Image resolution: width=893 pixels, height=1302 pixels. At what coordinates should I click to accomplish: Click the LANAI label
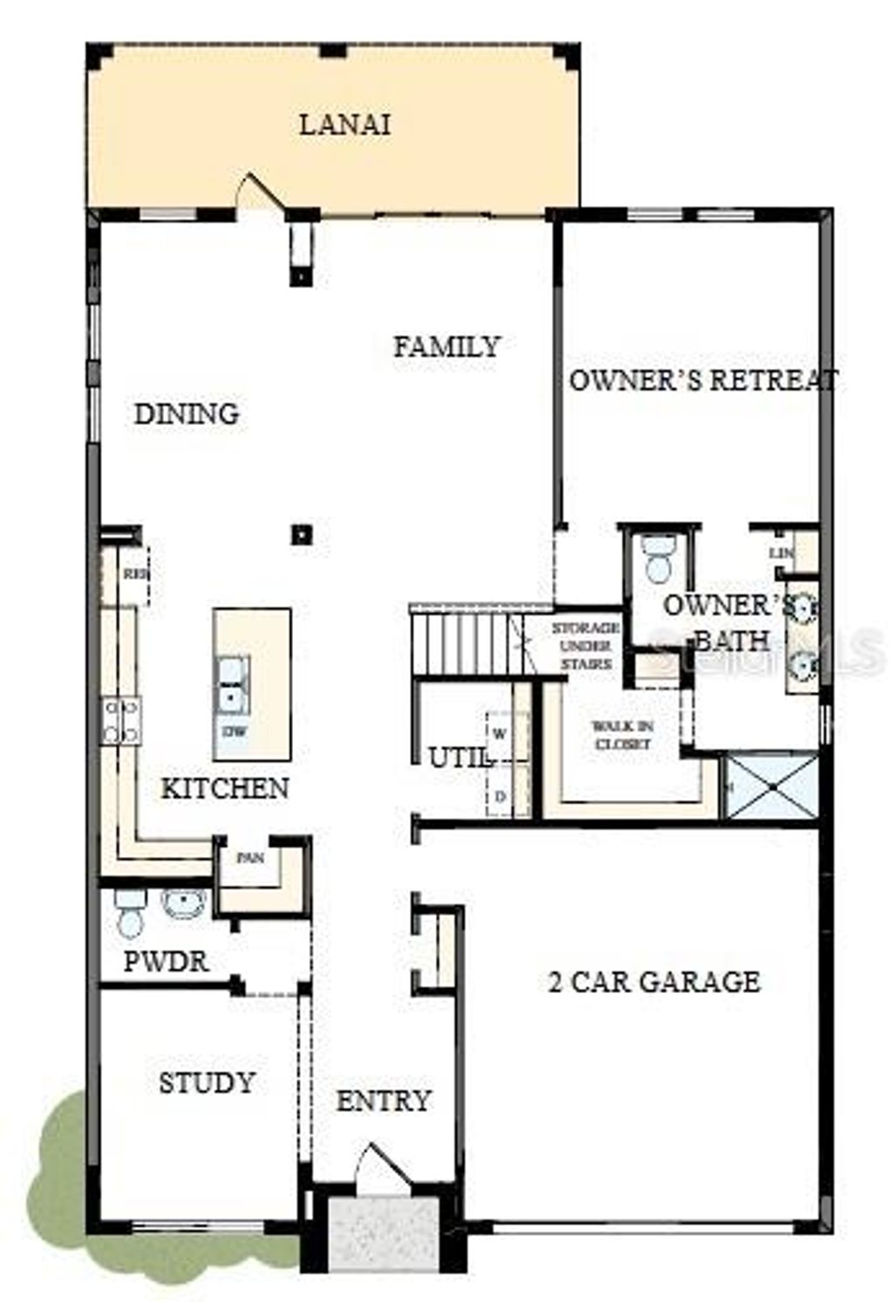(344, 124)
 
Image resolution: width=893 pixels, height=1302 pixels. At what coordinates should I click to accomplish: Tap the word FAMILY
(446, 346)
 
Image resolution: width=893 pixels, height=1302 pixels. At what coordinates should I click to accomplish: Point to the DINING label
(187, 414)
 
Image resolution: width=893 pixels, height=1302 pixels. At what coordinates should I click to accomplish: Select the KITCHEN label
(225, 789)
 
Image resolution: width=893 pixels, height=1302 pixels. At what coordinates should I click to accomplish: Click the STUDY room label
(207, 1083)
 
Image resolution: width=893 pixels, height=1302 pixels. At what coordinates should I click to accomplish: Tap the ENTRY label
(384, 1101)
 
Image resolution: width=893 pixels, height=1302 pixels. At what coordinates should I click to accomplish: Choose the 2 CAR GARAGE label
(654, 982)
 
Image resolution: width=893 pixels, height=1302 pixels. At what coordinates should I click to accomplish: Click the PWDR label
(166, 962)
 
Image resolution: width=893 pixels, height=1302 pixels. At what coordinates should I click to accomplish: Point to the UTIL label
(457, 759)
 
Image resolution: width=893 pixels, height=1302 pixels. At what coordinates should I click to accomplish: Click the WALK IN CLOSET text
(622, 735)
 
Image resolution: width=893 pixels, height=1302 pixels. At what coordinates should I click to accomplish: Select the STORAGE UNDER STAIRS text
(585, 646)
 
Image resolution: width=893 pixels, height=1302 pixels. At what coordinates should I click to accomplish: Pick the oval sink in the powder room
(184, 903)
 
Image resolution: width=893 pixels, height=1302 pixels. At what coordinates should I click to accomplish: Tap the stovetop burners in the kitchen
(121, 721)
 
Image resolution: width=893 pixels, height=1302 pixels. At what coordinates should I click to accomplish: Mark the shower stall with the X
(773, 788)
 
